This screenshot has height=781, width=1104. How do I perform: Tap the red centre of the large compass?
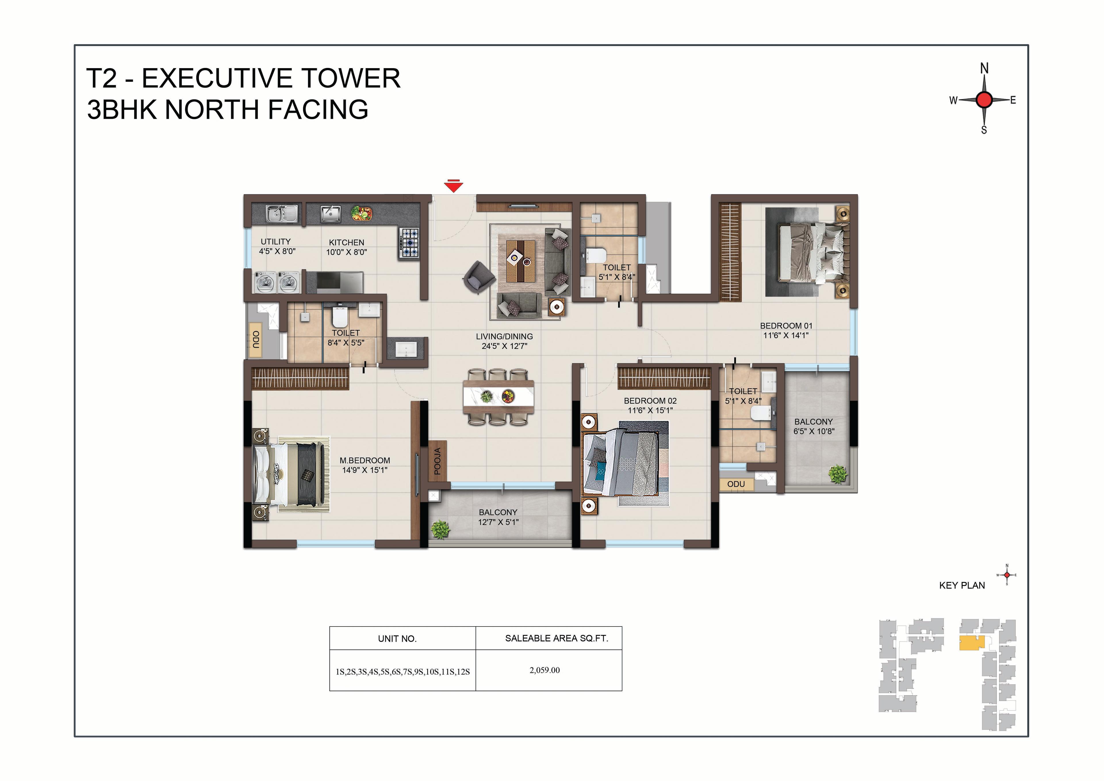pyautogui.click(x=984, y=100)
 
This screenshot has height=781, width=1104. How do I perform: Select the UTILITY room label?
pyautogui.click(x=275, y=242)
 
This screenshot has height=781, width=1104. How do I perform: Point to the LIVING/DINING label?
pyautogui.click(x=504, y=336)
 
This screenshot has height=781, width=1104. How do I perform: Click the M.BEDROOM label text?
pyautogui.click(x=365, y=461)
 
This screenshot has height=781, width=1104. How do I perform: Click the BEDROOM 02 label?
pyautogui.click(x=650, y=401)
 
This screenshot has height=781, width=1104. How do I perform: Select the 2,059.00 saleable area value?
pyautogui.click(x=545, y=670)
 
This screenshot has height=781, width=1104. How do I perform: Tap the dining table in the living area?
pyautogui.click(x=499, y=397)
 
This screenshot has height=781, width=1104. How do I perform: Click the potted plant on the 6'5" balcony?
pyautogui.click(x=838, y=474)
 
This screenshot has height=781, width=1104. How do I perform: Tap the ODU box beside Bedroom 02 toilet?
pyautogui.click(x=736, y=484)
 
